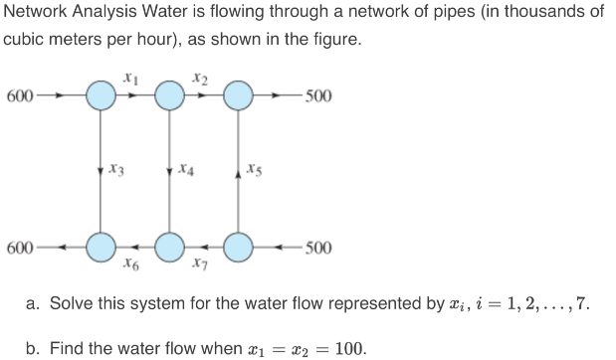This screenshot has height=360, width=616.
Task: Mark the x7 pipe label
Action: (201, 266)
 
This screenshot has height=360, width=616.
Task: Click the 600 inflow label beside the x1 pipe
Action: (19, 96)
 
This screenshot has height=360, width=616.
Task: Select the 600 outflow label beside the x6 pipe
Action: (19, 246)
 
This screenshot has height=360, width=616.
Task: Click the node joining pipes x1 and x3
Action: (100, 96)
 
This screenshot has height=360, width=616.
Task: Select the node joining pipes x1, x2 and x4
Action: (169, 96)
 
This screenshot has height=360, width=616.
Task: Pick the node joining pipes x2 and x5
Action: (239, 96)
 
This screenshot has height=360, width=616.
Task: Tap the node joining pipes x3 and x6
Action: (100, 246)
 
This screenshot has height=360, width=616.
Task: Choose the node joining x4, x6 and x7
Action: (169, 246)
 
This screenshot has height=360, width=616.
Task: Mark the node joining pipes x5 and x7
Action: (239, 246)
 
